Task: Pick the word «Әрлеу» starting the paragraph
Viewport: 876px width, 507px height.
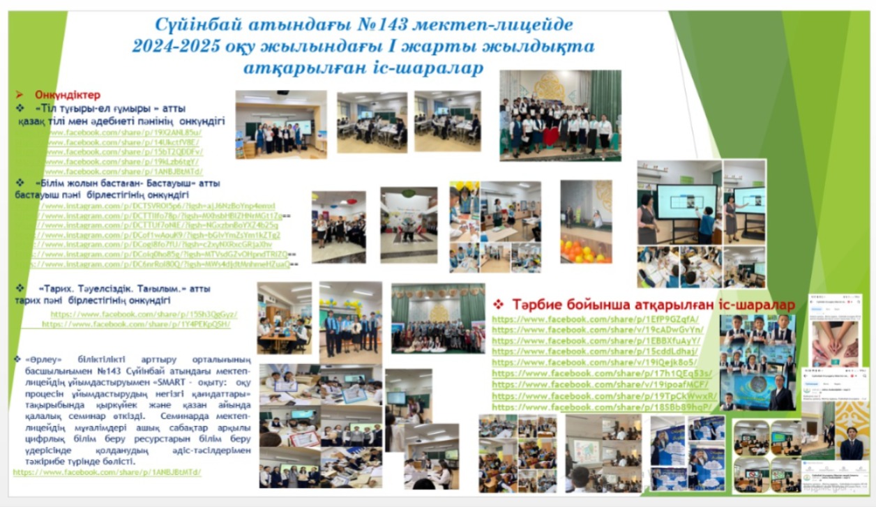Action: [40, 359]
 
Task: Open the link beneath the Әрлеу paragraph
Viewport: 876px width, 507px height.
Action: [107, 472]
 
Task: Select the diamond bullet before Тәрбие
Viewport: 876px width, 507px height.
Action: [499, 305]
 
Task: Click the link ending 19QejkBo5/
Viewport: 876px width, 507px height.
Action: [595, 363]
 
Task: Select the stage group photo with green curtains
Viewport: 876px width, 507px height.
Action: [438, 318]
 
